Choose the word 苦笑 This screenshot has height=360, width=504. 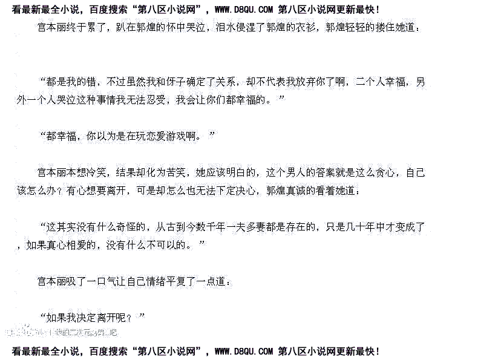point(174,172)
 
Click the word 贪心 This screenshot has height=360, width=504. point(385,172)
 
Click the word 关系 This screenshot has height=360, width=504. point(226,81)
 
